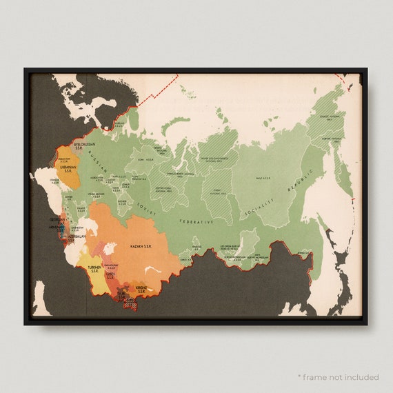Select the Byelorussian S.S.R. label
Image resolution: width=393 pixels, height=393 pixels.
click(72, 146)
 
